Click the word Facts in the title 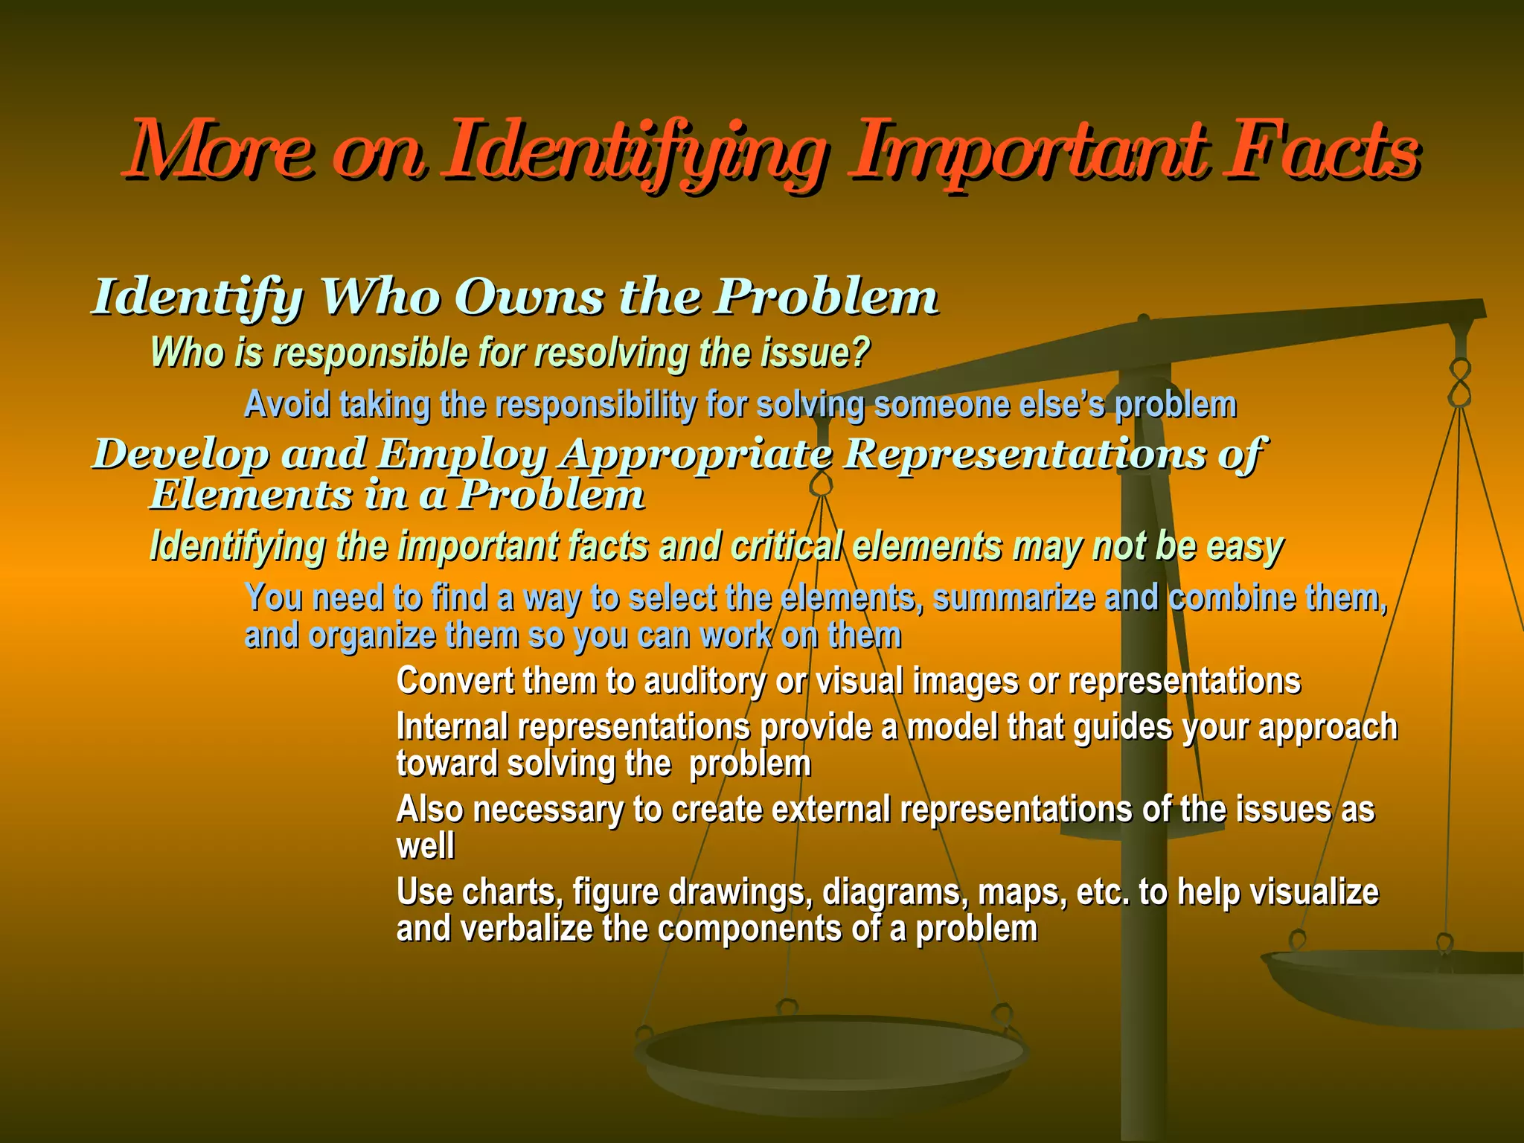tap(1322, 152)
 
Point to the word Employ tap(461, 453)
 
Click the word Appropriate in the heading tap(697, 454)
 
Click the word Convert tap(455, 680)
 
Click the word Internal tap(452, 726)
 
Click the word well tap(425, 846)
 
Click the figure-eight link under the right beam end tap(1460, 382)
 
